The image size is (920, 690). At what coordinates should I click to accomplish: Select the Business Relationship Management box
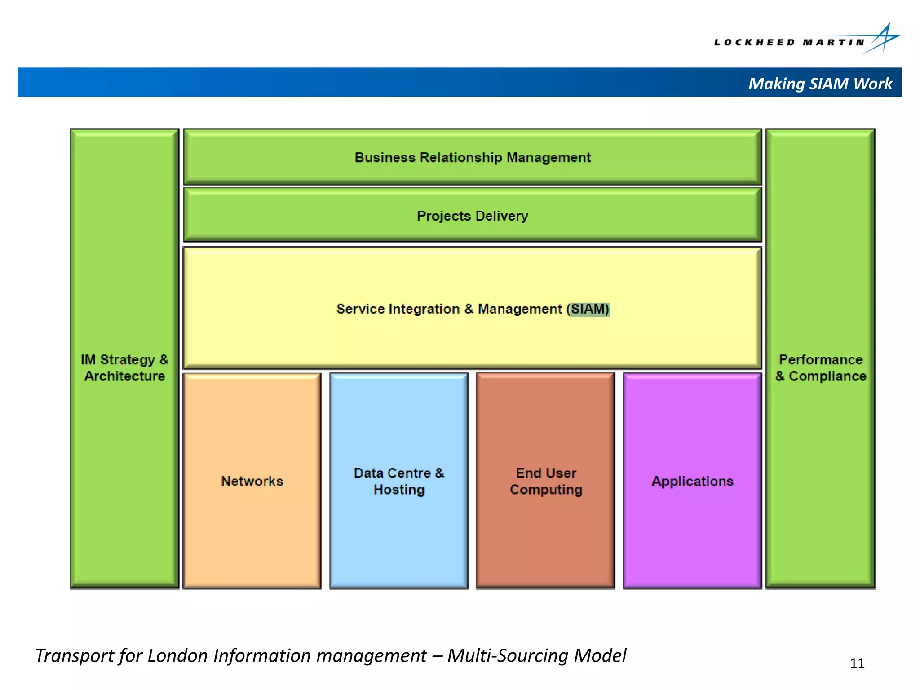pyautogui.click(x=472, y=157)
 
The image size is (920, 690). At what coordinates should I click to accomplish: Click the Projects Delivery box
pyautogui.click(x=472, y=216)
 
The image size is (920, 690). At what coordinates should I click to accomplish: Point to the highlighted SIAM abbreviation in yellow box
pyautogui.click(x=589, y=309)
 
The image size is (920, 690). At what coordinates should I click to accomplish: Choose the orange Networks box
pyautogui.click(x=252, y=481)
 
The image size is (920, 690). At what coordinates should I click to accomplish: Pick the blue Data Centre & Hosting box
pyautogui.click(x=399, y=481)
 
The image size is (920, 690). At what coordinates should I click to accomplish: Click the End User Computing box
pyautogui.click(x=546, y=481)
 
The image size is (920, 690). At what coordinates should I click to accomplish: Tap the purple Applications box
pyautogui.click(x=692, y=481)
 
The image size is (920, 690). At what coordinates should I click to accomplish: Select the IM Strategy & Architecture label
pyautogui.click(x=124, y=368)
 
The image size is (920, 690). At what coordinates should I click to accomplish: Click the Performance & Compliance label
pyautogui.click(x=821, y=368)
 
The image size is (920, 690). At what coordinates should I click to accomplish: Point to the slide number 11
pyautogui.click(x=857, y=663)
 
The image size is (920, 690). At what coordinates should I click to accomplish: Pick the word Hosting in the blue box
pyautogui.click(x=399, y=490)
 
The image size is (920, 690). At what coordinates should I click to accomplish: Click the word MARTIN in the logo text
pyautogui.click(x=834, y=43)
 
